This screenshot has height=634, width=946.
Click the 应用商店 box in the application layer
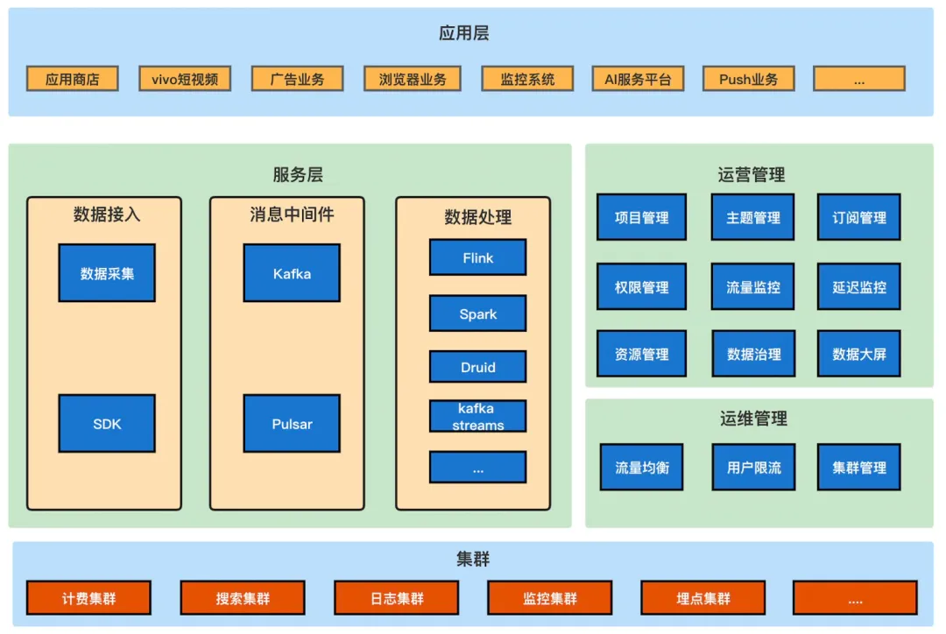pyautogui.click(x=73, y=79)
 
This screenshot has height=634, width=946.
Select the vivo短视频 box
pyautogui.click(x=185, y=79)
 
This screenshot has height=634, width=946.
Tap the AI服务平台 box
pyautogui.click(x=638, y=79)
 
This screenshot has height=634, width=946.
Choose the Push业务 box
pyautogui.click(x=749, y=79)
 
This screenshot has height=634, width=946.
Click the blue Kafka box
pyautogui.click(x=292, y=273)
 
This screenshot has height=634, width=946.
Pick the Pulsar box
pyautogui.click(x=292, y=424)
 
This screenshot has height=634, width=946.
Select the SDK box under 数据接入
pyautogui.click(x=107, y=424)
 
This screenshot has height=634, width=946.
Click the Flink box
pyautogui.click(x=477, y=257)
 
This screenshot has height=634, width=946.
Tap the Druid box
pyautogui.click(x=477, y=367)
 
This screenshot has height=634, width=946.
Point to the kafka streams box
pyautogui.click(x=477, y=416)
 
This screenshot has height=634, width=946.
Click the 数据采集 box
pyautogui.click(x=107, y=273)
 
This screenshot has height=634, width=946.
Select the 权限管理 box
pyautogui.click(x=641, y=286)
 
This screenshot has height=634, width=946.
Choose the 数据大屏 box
pyautogui.click(x=858, y=354)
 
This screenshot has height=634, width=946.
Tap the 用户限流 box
pyautogui.click(x=753, y=467)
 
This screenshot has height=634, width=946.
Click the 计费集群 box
pyautogui.click(x=88, y=598)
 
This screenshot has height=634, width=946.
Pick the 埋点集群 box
pyautogui.click(x=703, y=598)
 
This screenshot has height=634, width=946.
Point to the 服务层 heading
pyautogui.click(x=298, y=174)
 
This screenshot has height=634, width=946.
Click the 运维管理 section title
pyautogui.click(x=753, y=419)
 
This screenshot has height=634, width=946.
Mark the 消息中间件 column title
pyautogui.click(x=292, y=214)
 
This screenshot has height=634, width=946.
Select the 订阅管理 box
pyautogui.click(x=858, y=217)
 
